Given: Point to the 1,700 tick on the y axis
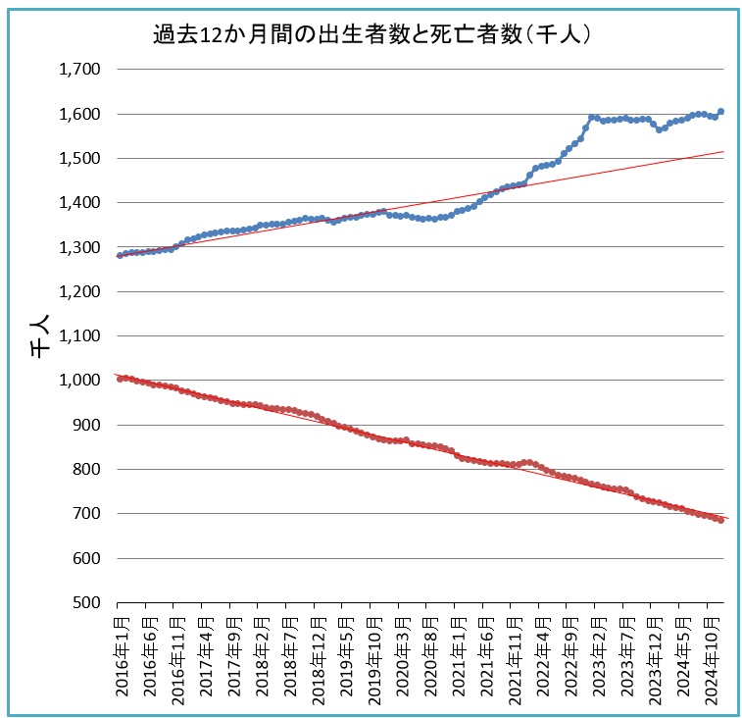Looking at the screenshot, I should pyautogui.click(x=80, y=70).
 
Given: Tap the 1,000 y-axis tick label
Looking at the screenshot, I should pyautogui.click(x=80, y=381).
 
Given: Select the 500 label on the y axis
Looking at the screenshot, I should pyautogui.click(x=87, y=602).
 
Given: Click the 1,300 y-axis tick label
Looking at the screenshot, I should pyautogui.click(x=80, y=247).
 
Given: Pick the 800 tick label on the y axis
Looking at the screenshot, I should pyautogui.click(x=87, y=469).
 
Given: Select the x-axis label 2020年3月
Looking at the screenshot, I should pyautogui.click(x=400, y=655).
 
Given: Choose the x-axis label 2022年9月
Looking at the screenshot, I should pyautogui.click(x=569, y=655).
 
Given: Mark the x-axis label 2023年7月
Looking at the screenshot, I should pyautogui.click(x=625, y=655).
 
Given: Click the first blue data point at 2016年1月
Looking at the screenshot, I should pyautogui.click(x=120, y=255).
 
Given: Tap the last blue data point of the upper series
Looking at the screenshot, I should pyautogui.click(x=720, y=112).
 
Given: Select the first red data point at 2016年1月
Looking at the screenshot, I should pyautogui.click(x=120, y=378).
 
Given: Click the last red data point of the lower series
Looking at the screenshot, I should pyautogui.click(x=720, y=520).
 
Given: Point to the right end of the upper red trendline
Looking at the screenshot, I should pyautogui.click(x=723, y=152).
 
